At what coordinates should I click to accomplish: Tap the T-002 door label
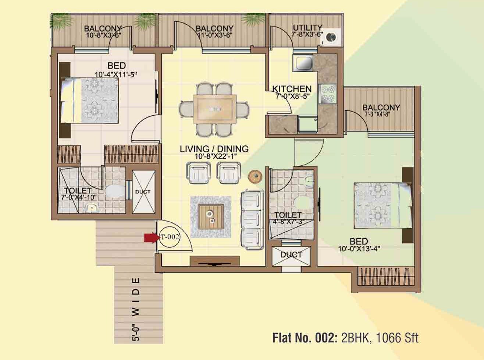170,237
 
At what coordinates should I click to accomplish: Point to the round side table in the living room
255,176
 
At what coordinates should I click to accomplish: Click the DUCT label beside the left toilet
142,192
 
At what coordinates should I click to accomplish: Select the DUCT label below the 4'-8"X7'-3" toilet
291,254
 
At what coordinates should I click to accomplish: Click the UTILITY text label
307,28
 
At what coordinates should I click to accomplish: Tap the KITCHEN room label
292,89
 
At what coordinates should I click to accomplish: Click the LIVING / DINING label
214,149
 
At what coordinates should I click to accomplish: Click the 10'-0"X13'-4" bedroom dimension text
359,249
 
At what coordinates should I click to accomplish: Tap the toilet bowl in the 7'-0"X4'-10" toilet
114,191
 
